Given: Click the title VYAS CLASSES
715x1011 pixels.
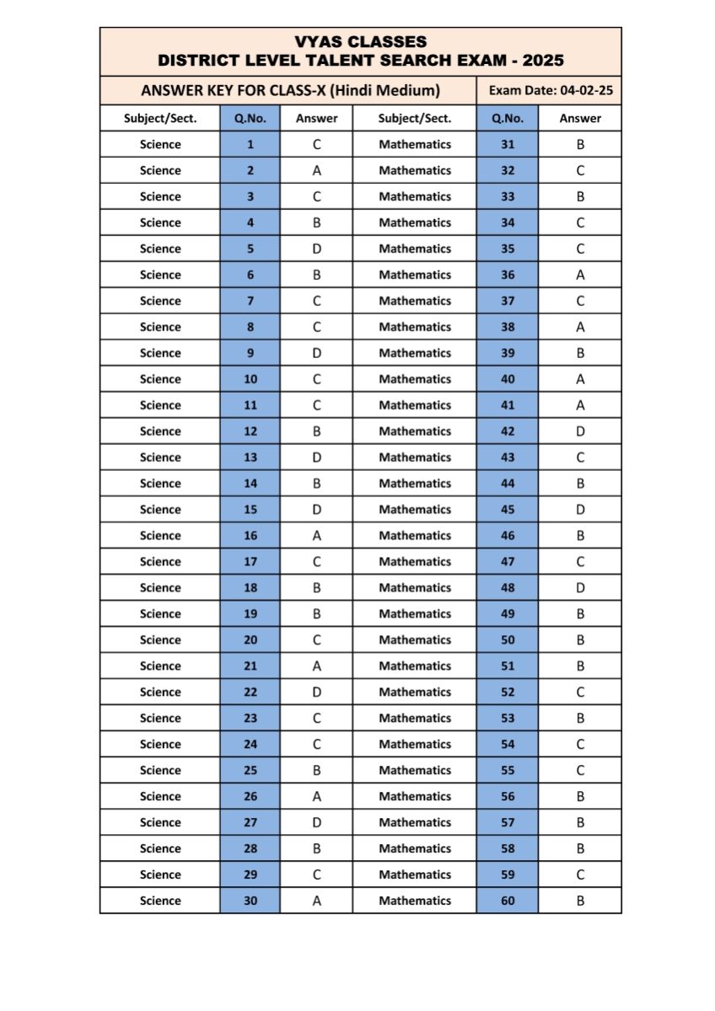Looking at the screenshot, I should point(361,41).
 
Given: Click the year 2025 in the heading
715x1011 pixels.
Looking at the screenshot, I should point(543,61).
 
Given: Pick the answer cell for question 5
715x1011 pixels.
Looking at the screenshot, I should point(316,249).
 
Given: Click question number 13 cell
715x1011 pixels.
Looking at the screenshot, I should point(250,457).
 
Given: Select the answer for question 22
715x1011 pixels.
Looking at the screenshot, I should point(316,692).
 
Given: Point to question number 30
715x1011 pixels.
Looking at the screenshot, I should point(250,901).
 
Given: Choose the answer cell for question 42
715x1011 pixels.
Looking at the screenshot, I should point(580,431).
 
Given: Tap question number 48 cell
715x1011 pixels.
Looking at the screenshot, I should point(508,588).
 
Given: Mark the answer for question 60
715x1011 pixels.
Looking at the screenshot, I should point(580,901).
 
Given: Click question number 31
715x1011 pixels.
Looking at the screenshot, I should point(508,144).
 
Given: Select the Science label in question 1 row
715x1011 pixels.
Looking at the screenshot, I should point(160,144).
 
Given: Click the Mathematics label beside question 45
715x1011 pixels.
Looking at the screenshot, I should point(415,510).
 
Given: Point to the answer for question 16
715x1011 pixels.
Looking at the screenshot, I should point(316,536).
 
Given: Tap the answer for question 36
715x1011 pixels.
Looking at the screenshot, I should point(580,275).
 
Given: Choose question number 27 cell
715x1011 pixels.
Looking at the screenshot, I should point(250,822).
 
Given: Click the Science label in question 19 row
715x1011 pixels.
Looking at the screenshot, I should point(160,614).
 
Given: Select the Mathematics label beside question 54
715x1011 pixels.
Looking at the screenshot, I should point(415,744).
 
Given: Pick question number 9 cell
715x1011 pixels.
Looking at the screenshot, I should point(250,353).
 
